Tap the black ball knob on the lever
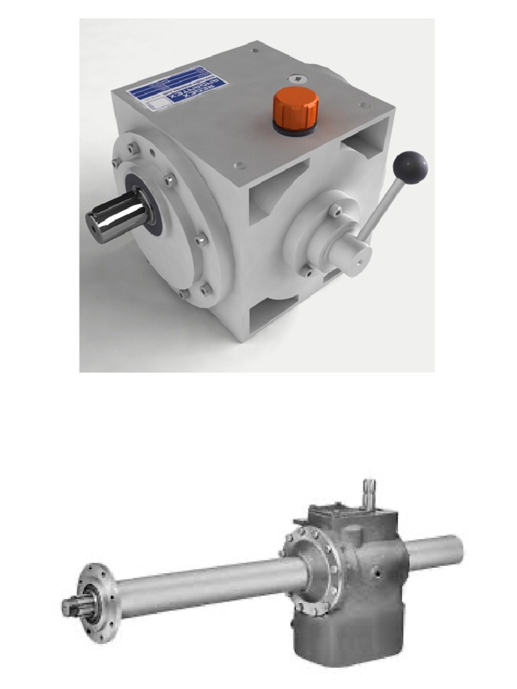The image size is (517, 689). point(410,166)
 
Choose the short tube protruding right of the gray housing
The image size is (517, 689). point(435,552)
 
